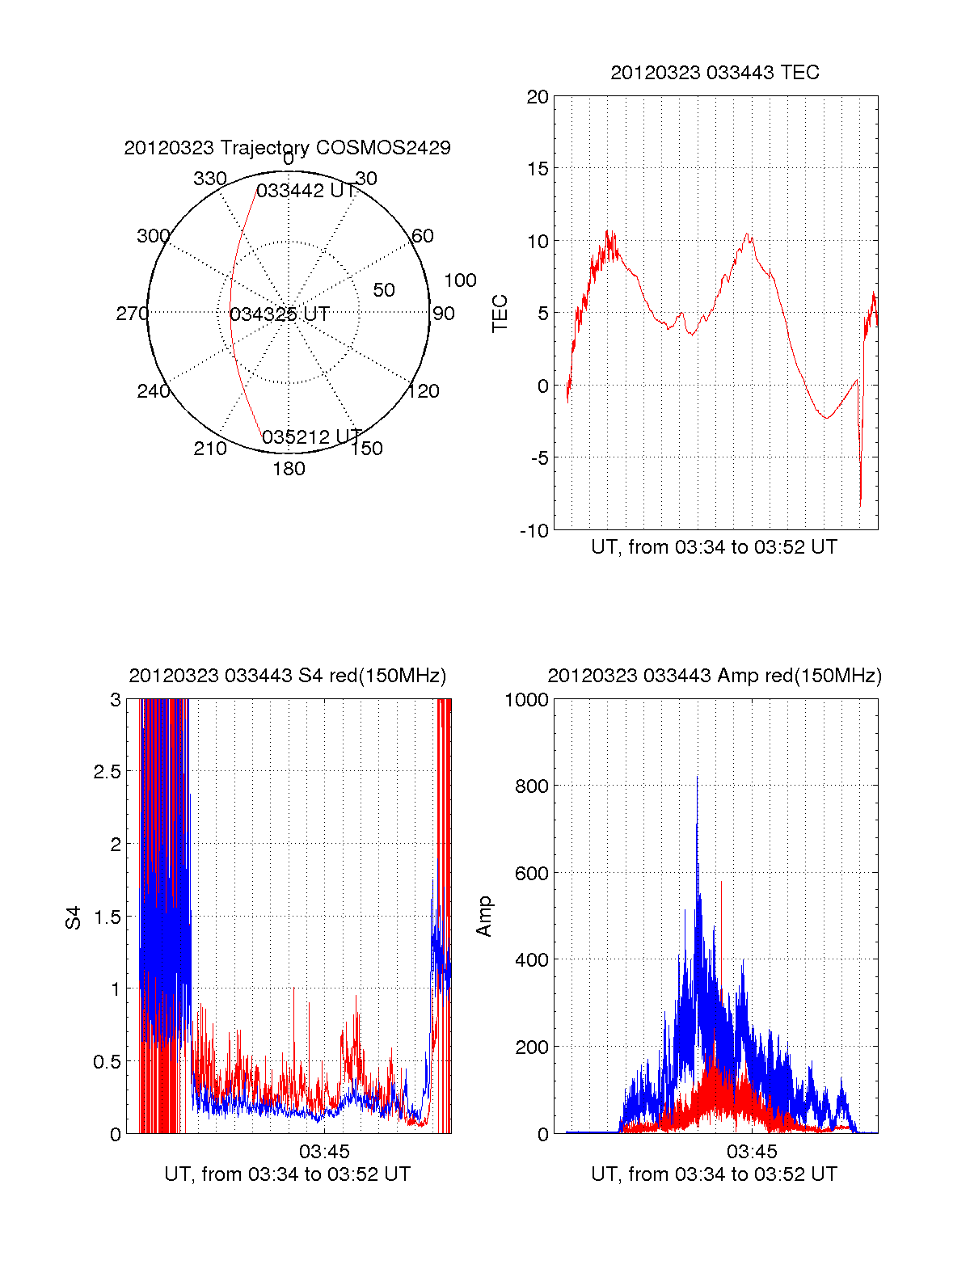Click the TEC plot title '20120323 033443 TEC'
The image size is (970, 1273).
pos(715,73)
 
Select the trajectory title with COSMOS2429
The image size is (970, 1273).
pos(287,148)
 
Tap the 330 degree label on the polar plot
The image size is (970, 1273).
pos(209,179)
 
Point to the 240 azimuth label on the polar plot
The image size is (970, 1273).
pos(153,391)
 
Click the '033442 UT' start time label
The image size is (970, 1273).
pos(306,191)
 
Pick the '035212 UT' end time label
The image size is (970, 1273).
pos(311,437)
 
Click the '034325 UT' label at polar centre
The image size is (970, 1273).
pos(279,314)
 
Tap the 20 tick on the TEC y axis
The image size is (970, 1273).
pos(538,97)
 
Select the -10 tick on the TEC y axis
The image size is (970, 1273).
pos(534,530)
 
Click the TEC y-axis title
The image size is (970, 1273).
pos(500,314)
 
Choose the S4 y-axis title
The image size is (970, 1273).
pos(74,917)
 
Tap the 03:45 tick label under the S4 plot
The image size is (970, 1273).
pos(323,1151)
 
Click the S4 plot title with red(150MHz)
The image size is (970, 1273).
pos(287,676)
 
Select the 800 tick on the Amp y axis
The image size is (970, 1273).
pos(531,786)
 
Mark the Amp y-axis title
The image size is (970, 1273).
pos(484,917)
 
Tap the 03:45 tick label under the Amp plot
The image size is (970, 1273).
pos(751,1151)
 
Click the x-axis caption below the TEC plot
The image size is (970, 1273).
pos(715,547)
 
